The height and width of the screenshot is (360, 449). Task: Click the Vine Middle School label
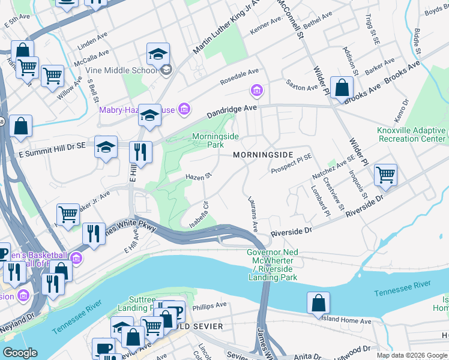121,70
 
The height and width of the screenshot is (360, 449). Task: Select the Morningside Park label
215,140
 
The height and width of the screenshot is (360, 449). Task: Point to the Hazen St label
199,177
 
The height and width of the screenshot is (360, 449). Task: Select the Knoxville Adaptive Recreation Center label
411,134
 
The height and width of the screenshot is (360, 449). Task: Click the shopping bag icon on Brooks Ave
341,88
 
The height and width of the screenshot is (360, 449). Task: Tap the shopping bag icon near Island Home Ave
318,303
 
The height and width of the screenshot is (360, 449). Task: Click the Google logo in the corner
20,353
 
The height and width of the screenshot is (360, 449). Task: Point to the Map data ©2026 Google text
411,355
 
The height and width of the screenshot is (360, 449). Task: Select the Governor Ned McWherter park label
272,265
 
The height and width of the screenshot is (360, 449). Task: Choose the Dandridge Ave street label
232,111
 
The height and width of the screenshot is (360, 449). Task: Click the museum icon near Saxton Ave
256,91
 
